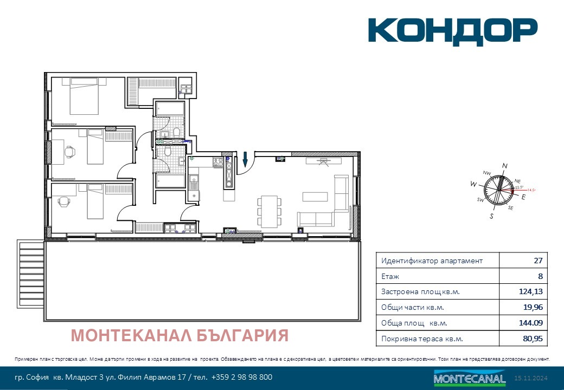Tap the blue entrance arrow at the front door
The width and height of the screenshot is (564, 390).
coord(245,159)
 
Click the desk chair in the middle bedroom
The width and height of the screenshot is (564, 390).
coord(70,153)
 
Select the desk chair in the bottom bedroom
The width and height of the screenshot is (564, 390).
coord(64,202)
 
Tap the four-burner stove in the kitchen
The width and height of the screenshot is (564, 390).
coord(218,161)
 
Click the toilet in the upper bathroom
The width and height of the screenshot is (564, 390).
coord(177,132)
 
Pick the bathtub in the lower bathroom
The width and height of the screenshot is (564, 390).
coord(170,180)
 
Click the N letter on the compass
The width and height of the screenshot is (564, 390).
coord(504,166)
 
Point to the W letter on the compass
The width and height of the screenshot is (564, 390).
coord(473,185)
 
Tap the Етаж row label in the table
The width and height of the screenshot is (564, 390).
coord(390,276)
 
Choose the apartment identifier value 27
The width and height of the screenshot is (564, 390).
coord(537,261)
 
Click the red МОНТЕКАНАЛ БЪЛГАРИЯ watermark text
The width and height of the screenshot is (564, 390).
coord(180,336)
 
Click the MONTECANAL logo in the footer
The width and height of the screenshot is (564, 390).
coord(470,378)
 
